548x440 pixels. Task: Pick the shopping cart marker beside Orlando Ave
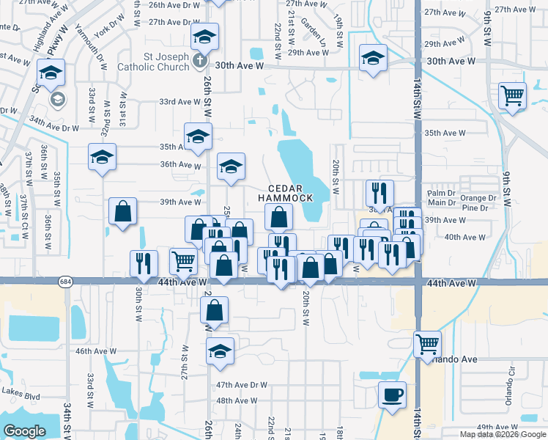click(426, 342)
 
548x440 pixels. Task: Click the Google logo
click(24, 431)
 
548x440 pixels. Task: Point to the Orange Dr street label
click(478, 198)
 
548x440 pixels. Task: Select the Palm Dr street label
click(440, 193)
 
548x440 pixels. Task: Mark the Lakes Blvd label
click(21, 397)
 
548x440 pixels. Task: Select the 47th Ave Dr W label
click(242, 384)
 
